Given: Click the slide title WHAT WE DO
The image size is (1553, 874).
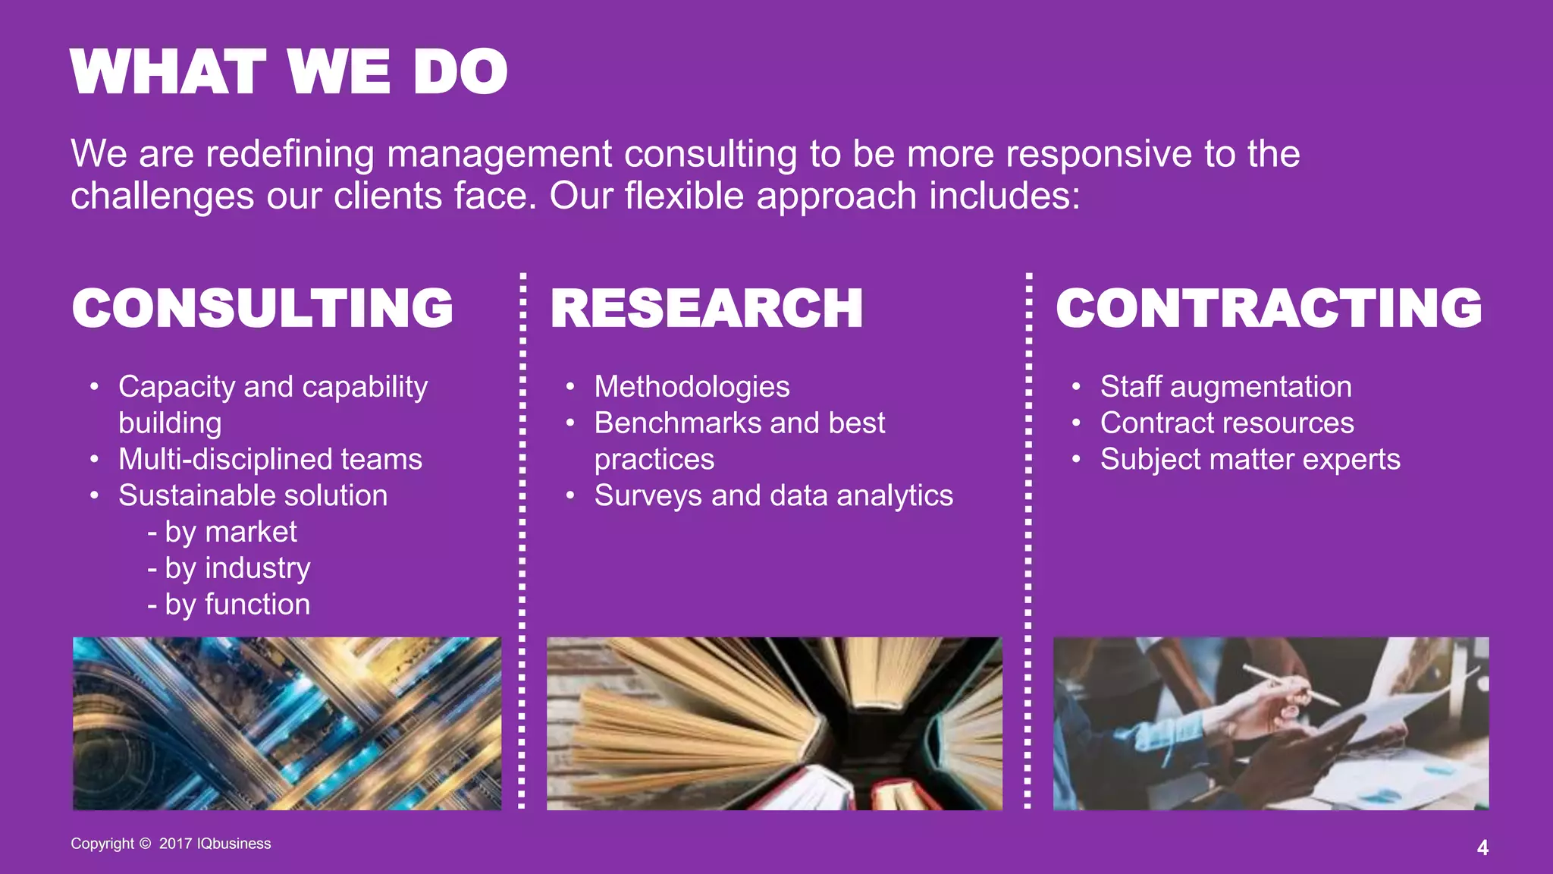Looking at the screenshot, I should pos(288,72).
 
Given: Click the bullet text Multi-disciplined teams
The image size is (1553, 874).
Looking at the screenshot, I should pos(270,460).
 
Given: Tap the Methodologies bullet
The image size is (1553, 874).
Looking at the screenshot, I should pos(692,387).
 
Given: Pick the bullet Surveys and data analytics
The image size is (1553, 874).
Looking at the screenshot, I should pos(773,496).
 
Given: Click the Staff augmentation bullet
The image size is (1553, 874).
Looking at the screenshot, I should pos(1225,387).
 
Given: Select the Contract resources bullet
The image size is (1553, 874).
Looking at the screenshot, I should pos(1226,423).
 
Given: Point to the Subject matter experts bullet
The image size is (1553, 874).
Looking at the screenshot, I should pos(1250,460).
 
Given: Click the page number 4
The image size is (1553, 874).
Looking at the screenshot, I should pos(1482,847).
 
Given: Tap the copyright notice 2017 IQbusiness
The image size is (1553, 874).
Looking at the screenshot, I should pos(171,844).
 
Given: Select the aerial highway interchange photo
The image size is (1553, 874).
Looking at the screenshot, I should pos(287,723).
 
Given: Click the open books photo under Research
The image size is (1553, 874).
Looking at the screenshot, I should pos(774,723).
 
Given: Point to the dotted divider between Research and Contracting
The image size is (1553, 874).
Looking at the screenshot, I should pos(1028,539).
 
